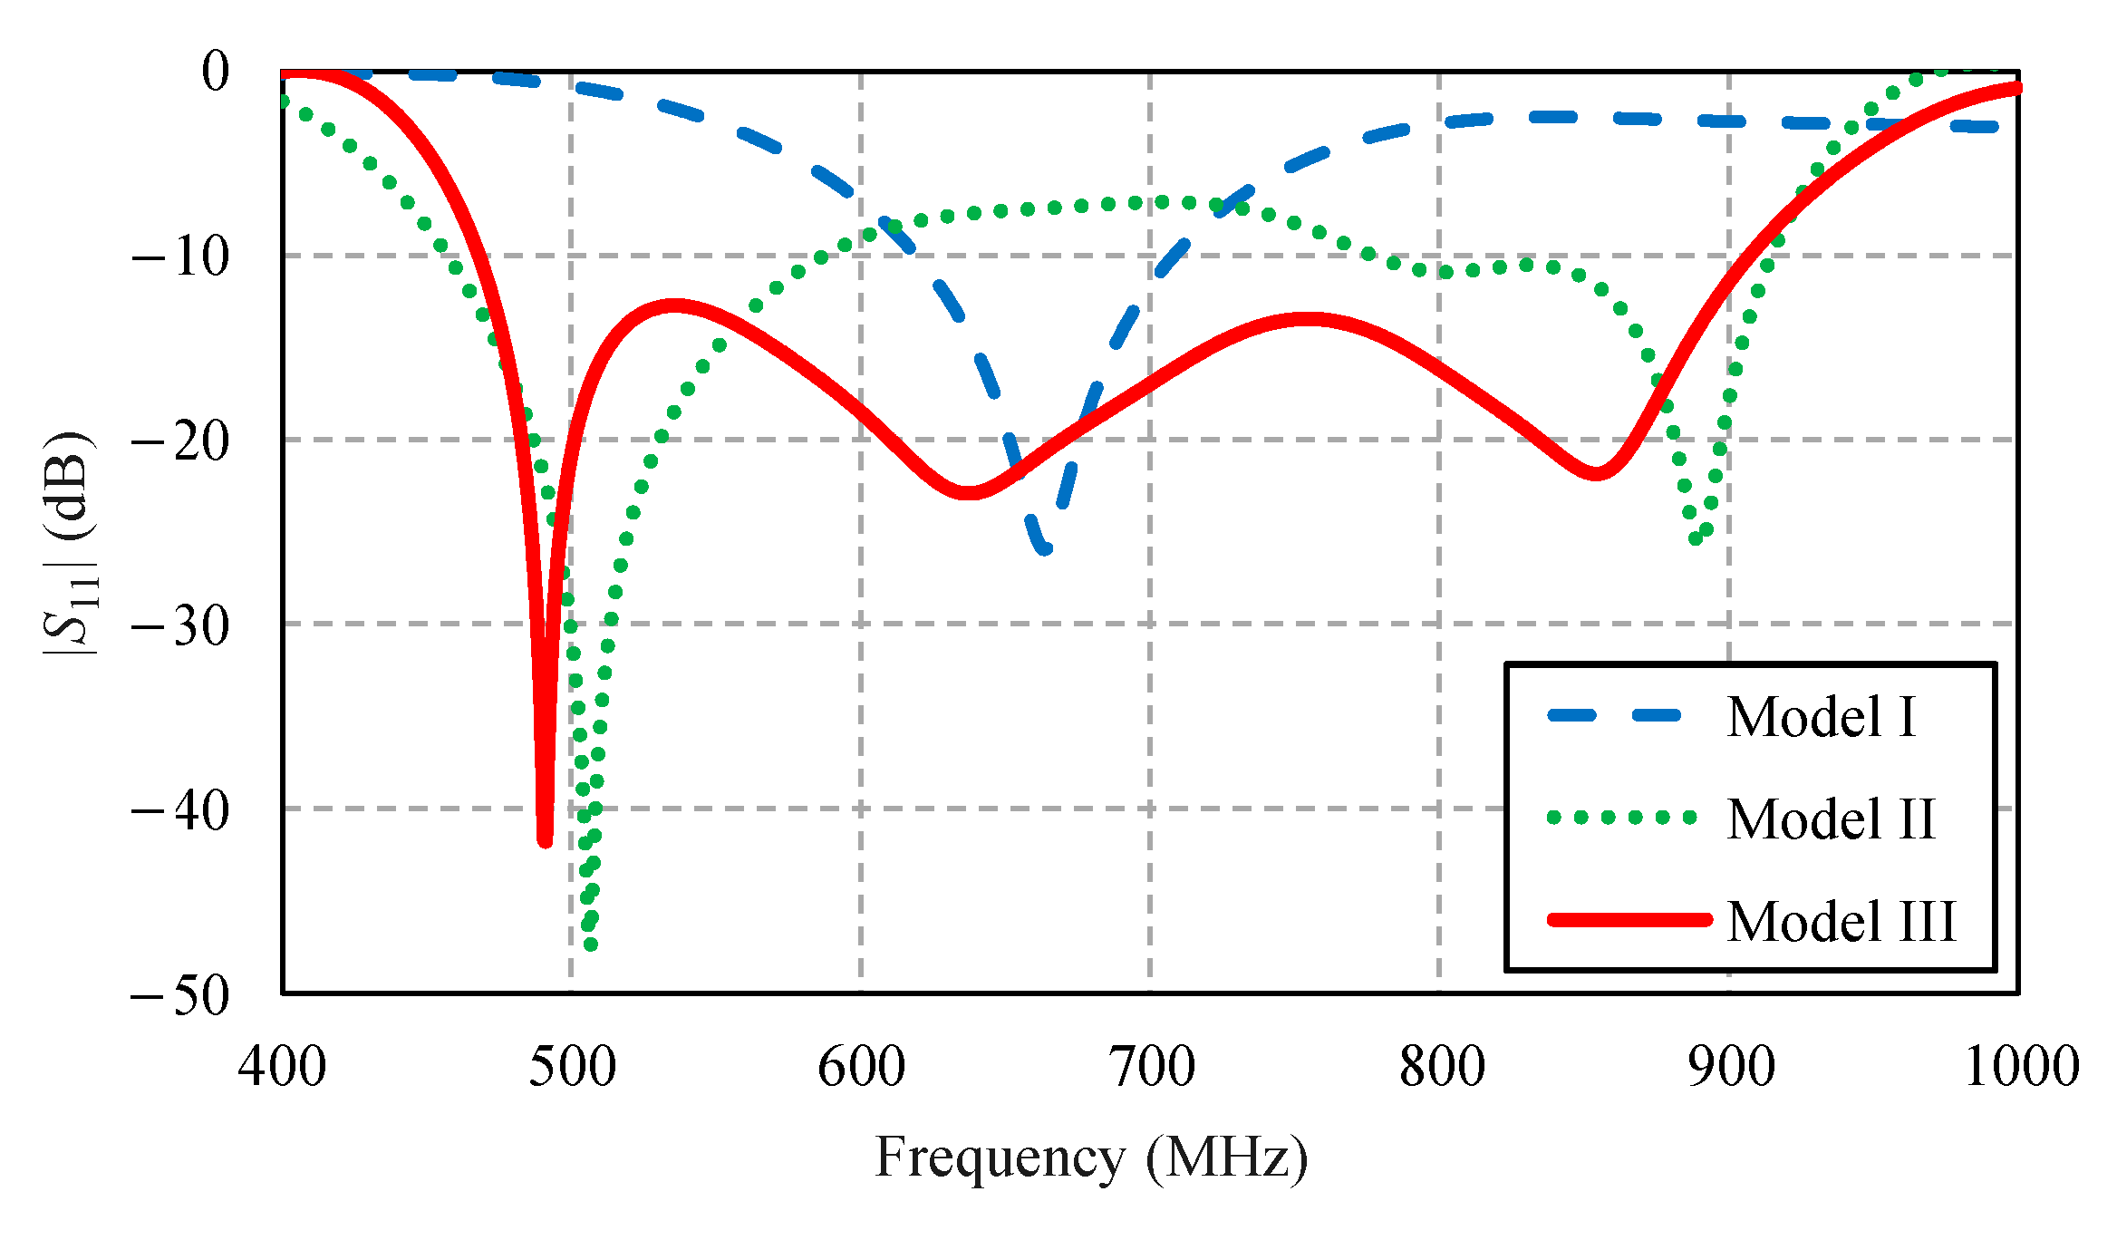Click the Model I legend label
(1821, 717)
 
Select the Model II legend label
(1831, 819)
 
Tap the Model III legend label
(1841, 922)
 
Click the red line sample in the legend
(1629, 920)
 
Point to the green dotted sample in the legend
(1622, 818)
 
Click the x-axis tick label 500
(572, 1066)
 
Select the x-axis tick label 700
(1152, 1066)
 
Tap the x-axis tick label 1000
(2021, 1066)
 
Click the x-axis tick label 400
(283, 1066)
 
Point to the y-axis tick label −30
(180, 625)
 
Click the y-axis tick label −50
(180, 995)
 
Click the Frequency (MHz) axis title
(1091, 1158)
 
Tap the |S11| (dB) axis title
(71, 544)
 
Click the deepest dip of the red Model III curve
(545, 841)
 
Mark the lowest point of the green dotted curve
(591, 945)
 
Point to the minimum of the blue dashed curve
(1044, 548)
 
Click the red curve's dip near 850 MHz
(1595, 473)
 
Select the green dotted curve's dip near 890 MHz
(1696, 538)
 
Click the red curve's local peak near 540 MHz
(674, 305)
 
